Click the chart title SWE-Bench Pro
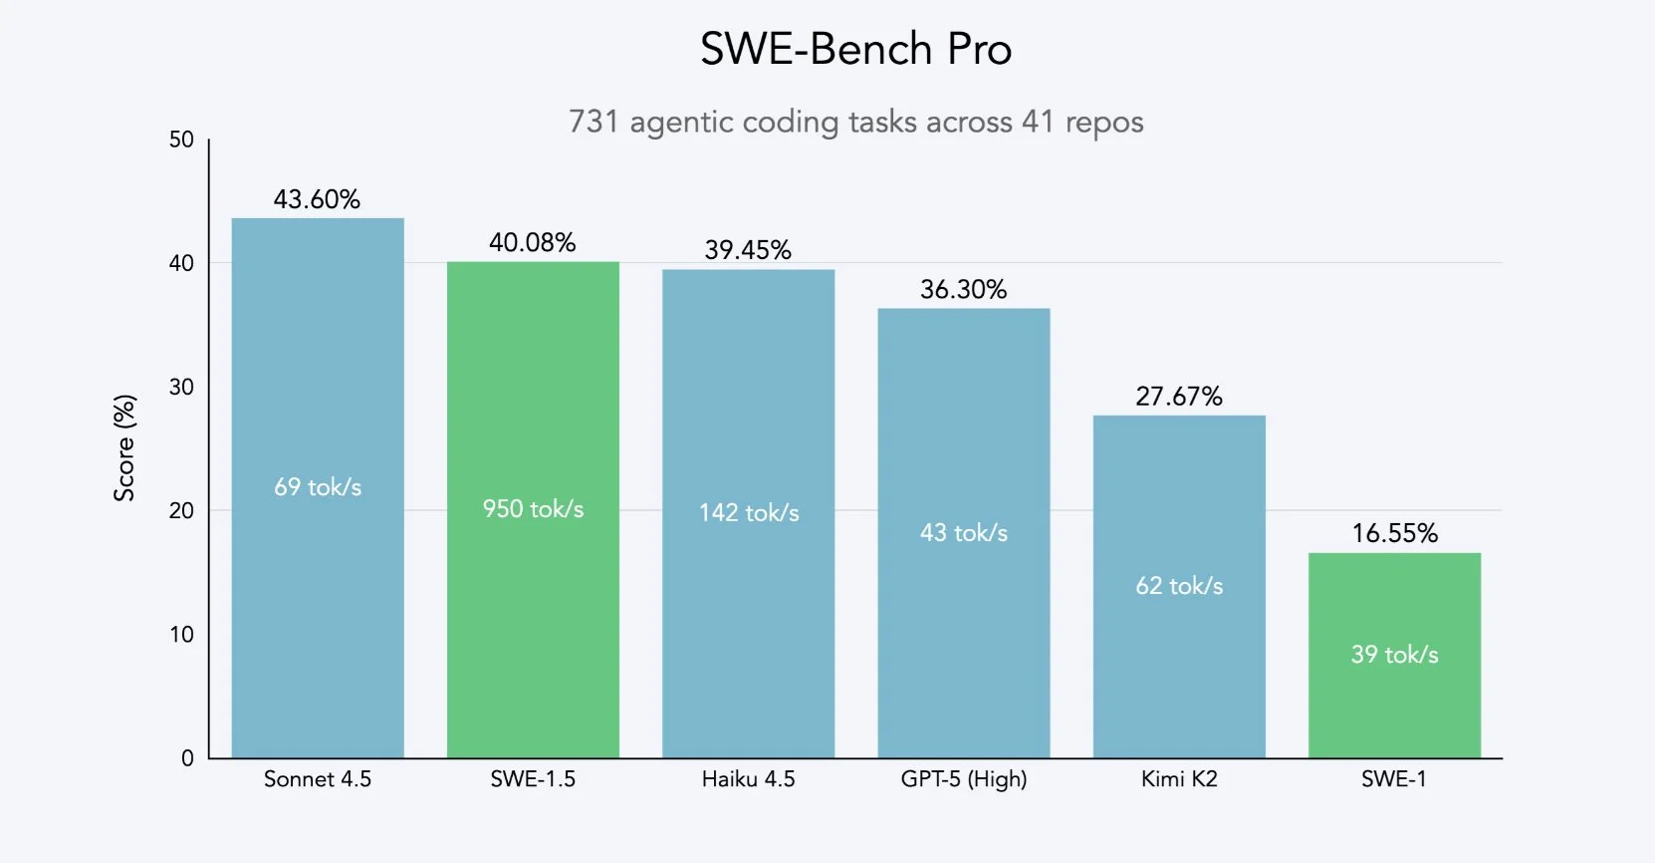(x=855, y=49)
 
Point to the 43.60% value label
(x=317, y=199)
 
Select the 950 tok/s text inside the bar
(x=533, y=509)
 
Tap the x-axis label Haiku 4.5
(x=748, y=779)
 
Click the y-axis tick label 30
(x=181, y=387)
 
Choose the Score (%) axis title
(x=124, y=447)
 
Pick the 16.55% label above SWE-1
(x=1394, y=533)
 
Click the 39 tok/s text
(x=1394, y=655)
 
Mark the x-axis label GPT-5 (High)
(x=963, y=779)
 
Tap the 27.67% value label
(x=1179, y=397)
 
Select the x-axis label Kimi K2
(x=1179, y=779)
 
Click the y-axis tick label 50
(x=181, y=140)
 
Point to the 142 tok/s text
(x=749, y=513)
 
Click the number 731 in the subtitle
(x=593, y=122)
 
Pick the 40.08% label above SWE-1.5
(x=532, y=242)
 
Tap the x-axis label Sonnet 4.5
(x=317, y=779)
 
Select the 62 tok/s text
(x=1179, y=586)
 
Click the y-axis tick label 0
(x=187, y=758)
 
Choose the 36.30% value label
(x=963, y=290)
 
